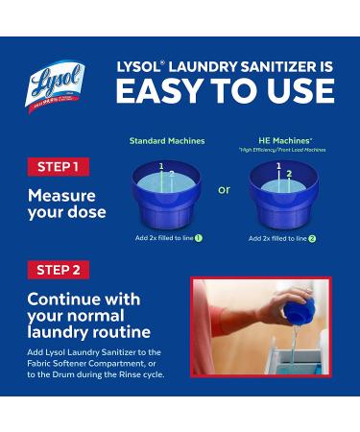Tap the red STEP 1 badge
click(x=59, y=166)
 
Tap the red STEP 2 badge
click(x=59, y=268)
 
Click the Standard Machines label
click(x=167, y=141)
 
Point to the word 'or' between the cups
click(x=224, y=189)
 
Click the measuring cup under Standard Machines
click(x=167, y=192)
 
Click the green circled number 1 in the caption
click(x=200, y=237)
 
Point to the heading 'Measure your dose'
click(x=68, y=203)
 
